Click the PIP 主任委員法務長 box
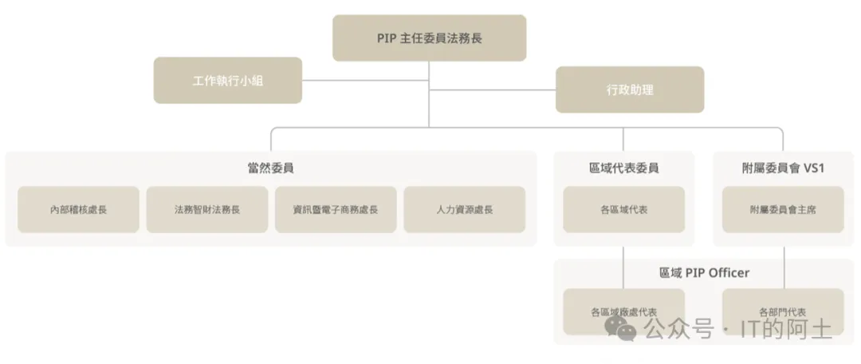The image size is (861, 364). [x=429, y=38]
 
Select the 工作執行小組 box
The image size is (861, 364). [x=227, y=80]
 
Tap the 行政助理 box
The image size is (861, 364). [x=629, y=89]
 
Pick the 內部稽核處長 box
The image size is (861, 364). [x=78, y=210]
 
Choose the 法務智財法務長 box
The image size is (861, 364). [x=207, y=210]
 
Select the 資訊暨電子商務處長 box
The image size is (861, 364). [x=336, y=210]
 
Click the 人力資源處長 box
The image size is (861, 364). [x=464, y=210]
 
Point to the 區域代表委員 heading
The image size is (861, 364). [x=623, y=168]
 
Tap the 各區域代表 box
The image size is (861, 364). [x=623, y=210]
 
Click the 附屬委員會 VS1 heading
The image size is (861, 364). [x=783, y=168]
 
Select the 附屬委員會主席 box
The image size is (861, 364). [x=783, y=210]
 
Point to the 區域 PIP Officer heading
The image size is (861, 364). [x=704, y=272]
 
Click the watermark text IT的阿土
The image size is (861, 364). [x=786, y=328]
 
